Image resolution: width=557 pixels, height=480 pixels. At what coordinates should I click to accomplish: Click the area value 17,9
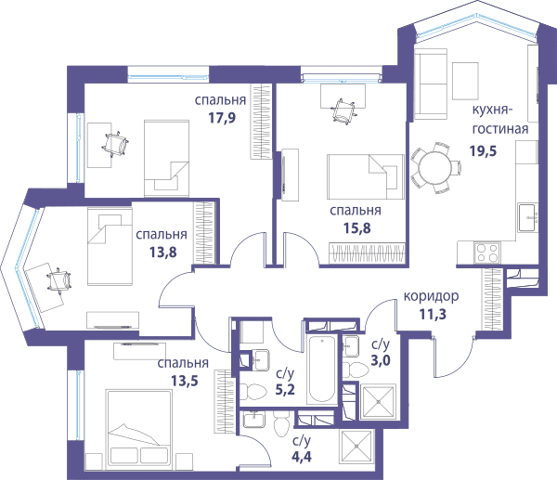coord(222,118)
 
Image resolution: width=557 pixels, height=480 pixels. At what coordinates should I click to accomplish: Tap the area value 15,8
coord(356,227)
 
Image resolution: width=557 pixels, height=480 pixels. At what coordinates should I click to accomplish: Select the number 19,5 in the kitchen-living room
coord(483,151)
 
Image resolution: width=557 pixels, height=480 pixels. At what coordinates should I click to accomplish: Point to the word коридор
coord(431,296)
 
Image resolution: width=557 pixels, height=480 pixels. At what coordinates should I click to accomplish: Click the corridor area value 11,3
coord(433,315)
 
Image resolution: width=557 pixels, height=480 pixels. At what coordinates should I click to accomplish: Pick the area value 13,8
coord(162,253)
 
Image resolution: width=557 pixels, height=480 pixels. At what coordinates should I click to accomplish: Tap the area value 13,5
coord(185,382)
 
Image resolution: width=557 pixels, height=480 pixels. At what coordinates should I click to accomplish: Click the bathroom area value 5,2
coord(285,390)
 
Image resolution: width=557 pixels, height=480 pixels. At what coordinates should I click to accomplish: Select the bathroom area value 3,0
coord(381,360)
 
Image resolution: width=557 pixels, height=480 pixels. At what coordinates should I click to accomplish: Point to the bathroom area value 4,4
coord(302,457)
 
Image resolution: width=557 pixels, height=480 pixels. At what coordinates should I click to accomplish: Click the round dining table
coord(435,168)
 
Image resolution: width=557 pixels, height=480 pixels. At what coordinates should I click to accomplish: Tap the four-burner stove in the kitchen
coord(486,253)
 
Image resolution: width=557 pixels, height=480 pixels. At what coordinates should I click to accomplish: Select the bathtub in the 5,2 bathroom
coord(322,370)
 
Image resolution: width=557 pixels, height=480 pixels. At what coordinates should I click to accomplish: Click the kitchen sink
coord(527,217)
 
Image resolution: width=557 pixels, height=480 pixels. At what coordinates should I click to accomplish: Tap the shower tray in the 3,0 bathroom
coord(378,402)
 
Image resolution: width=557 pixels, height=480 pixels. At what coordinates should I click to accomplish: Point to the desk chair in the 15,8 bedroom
coord(343,111)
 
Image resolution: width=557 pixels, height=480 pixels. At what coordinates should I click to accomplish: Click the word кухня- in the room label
coord(492,110)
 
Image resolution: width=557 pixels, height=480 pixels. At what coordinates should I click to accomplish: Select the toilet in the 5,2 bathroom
coord(253,392)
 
